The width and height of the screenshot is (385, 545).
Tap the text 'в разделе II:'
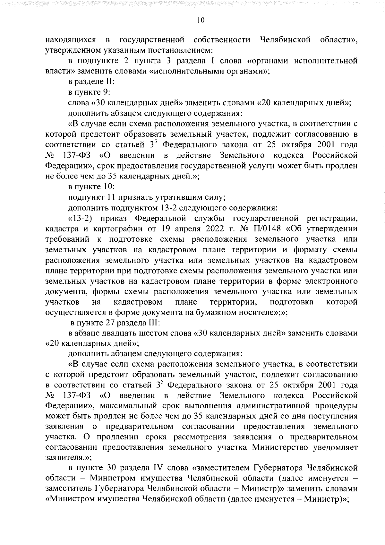(90, 82)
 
